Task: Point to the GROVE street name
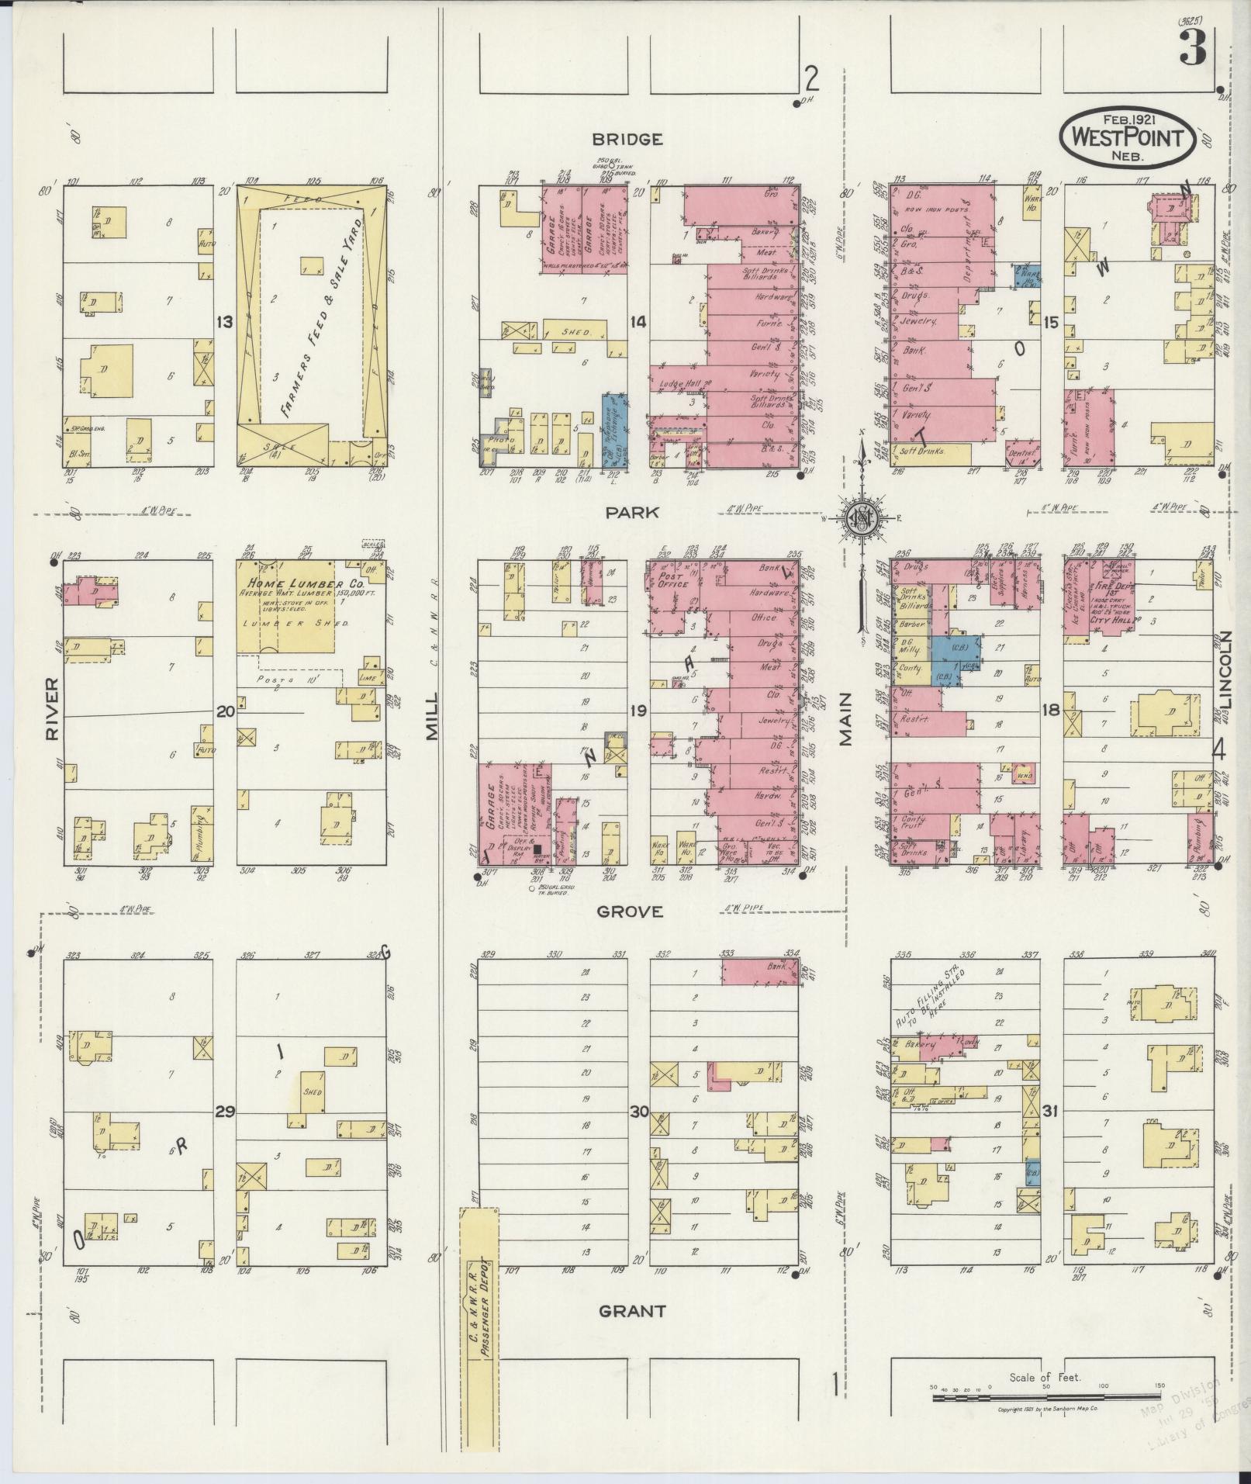tap(630, 912)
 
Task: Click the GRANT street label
tap(632, 1311)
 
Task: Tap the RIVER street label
tap(53, 708)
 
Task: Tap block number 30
tap(638, 1112)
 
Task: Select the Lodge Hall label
tap(676, 384)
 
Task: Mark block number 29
tap(224, 1112)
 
